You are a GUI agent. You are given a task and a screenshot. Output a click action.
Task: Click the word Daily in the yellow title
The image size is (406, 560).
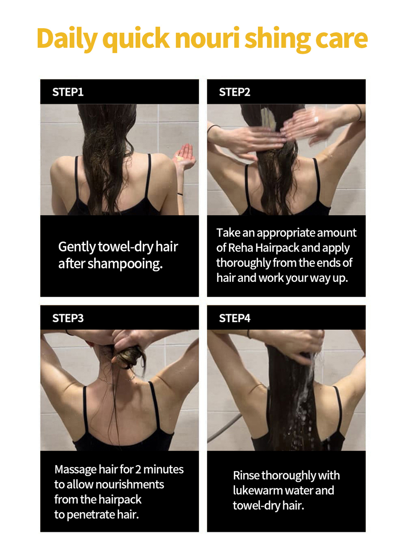[x=67, y=39]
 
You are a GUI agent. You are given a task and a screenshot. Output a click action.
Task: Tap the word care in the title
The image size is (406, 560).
[x=341, y=39]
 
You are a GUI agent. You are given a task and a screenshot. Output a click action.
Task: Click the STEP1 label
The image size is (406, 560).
[x=68, y=92]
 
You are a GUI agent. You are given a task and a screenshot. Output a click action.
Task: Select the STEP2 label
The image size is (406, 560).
[x=235, y=92]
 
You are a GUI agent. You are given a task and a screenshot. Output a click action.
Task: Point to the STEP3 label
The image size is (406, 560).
[x=68, y=318]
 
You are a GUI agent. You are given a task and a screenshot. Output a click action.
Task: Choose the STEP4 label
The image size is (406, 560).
[x=235, y=318]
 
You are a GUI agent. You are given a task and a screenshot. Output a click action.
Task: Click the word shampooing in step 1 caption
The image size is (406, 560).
[x=125, y=264]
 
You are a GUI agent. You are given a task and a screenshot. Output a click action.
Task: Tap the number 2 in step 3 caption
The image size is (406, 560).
[x=138, y=469]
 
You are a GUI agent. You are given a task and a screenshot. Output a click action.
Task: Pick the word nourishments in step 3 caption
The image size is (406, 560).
[x=130, y=484]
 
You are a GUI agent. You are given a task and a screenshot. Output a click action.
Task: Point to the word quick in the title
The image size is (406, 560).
[x=136, y=40]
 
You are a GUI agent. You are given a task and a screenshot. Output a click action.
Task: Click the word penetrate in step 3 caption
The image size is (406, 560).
[x=91, y=515]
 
